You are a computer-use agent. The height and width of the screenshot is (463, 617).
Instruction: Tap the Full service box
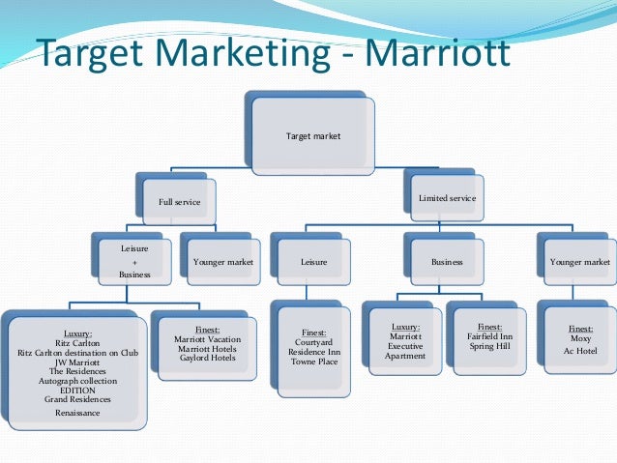pos(179,201)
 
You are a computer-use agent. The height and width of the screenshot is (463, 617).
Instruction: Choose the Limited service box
pos(446,198)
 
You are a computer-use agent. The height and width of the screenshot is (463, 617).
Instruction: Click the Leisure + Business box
pos(134,261)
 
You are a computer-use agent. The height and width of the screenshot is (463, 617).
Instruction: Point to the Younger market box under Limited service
pos(579,261)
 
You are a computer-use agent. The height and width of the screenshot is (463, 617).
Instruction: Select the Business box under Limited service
pos(446,261)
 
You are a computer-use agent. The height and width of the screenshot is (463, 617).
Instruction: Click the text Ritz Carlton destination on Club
pos(78,353)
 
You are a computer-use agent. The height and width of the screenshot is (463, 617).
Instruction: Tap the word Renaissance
pos(77,413)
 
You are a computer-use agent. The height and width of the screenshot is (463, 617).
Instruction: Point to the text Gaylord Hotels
pos(208,359)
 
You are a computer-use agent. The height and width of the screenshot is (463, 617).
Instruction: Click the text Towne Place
pos(313,361)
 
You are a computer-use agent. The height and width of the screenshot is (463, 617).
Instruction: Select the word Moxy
pos(581,339)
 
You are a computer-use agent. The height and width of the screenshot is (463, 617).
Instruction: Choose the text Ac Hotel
pos(581,350)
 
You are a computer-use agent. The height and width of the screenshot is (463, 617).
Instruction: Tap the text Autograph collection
pos(77,381)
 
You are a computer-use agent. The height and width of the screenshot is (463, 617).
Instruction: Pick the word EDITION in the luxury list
pos(77,390)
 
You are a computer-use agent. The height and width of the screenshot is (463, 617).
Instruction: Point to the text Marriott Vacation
pos(208,339)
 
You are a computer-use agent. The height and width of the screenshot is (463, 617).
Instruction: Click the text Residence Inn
pos(313,351)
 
